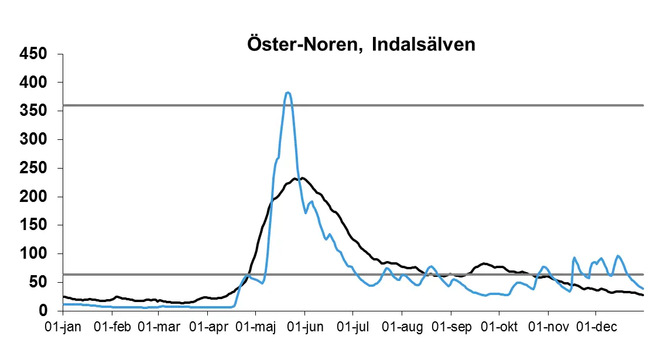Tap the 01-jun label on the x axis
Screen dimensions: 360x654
(x=305, y=326)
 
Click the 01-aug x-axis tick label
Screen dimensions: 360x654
(x=402, y=326)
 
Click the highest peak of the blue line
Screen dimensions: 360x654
(x=287, y=92)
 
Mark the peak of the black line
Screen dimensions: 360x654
(x=302, y=178)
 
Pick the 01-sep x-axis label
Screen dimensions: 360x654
(x=451, y=326)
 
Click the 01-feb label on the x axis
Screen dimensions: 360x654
(x=112, y=326)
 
